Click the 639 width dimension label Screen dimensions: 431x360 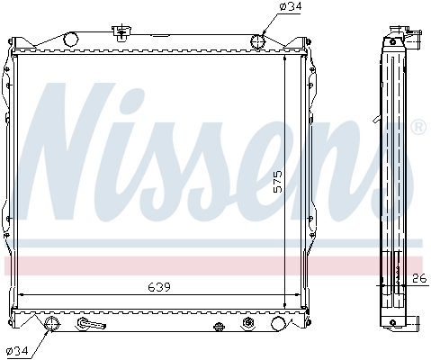point(159,287)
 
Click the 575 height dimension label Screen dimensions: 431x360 point(278,182)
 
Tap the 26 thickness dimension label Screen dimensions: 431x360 point(419,279)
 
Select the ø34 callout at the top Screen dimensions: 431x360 point(290,6)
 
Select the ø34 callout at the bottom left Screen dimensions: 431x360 point(17,350)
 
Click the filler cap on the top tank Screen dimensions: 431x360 point(121,31)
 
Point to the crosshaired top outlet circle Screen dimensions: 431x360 point(258,41)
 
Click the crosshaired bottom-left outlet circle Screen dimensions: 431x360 point(52,324)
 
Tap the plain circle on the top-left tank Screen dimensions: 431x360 point(70,39)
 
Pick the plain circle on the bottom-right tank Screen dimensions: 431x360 point(278,323)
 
